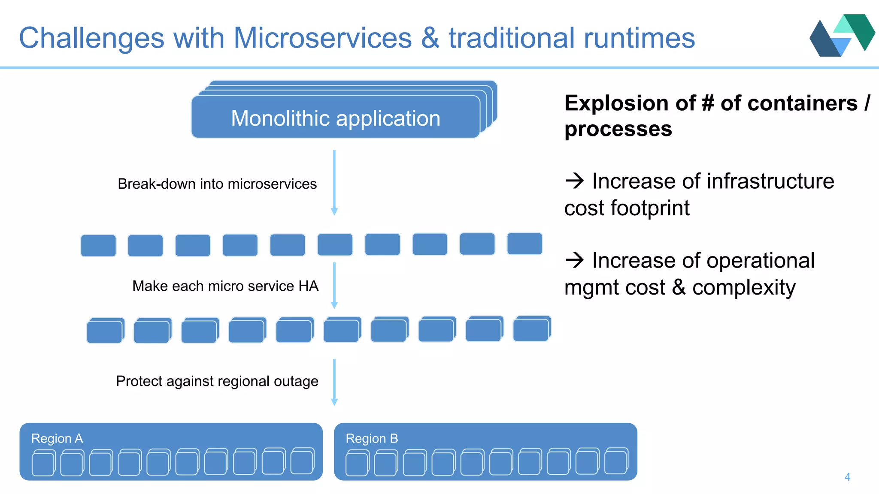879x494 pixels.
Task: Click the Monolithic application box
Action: (336, 117)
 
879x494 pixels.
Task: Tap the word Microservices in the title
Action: (322, 38)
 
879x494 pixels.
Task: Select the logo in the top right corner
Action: (842, 36)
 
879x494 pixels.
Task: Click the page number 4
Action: (847, 477)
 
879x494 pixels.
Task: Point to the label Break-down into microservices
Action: (217, 184)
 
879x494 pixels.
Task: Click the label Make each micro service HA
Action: (225, 286)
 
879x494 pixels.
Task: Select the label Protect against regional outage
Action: (217, 381)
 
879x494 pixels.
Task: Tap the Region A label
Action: (57, 439)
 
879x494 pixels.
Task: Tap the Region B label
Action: (372, 439)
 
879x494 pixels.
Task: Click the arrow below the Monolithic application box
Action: (334, 182)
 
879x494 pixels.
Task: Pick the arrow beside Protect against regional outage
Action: (334, 382)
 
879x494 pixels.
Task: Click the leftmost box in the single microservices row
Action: (98, 246)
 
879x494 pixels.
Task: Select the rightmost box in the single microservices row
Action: (524, 244)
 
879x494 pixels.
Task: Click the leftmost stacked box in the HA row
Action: (105, 331)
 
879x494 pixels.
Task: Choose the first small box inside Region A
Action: (43, 464)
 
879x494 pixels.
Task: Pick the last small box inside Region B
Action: (615, 462)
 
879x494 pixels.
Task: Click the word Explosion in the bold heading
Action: (616, 103)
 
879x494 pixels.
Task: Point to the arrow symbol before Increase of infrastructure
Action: (575, 181)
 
